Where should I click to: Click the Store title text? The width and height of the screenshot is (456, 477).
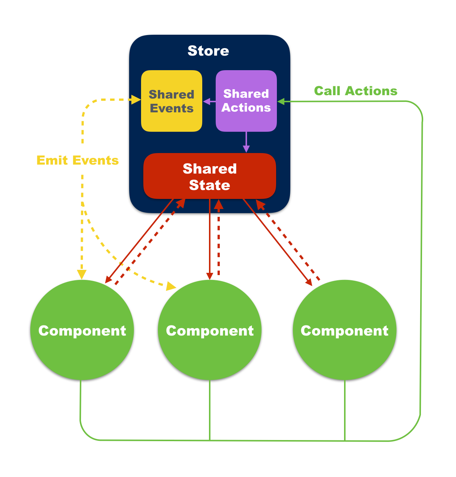208,51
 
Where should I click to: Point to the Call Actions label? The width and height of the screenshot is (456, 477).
356,91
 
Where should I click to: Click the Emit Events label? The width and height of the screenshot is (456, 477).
78,160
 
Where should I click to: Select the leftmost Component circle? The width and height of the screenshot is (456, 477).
82,330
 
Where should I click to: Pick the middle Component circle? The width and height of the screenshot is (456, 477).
210,330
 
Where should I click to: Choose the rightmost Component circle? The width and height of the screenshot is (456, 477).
344,330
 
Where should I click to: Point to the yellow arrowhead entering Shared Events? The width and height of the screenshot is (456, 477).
136,100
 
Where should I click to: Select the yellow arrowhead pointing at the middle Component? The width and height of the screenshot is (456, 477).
172,286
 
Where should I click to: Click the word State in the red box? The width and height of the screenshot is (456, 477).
209,185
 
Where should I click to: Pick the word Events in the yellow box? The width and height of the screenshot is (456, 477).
172,109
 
